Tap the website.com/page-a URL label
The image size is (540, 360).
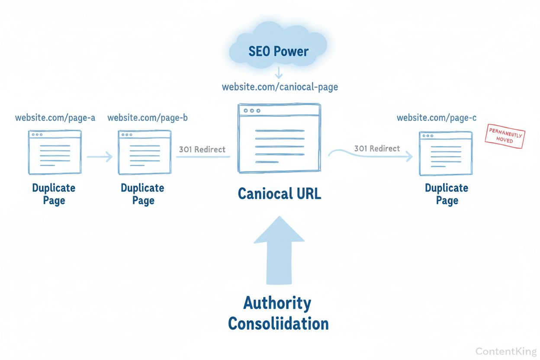pos(55,117)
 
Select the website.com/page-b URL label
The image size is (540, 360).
pos(147,117)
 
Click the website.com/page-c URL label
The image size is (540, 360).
pos(437,117)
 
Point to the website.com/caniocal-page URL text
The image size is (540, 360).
pos(280,87)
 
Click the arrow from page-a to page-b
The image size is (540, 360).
pos(100,156)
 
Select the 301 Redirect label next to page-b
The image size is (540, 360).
pos(202,149)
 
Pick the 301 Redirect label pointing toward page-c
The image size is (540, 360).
pos(377,148)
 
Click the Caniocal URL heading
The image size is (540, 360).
pos(280,193)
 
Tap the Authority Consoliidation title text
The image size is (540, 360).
pos(278,313)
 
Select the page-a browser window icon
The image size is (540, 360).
pos(55,152)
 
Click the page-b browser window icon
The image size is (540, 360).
pos(145,152)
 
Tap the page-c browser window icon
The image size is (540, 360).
pos(446,153)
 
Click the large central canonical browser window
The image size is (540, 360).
pos(279,138)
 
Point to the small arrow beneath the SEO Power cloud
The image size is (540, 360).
pos(279,72)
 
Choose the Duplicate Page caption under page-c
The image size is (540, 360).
pos(447,194)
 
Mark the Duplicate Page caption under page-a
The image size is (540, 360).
pos(54,194)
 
